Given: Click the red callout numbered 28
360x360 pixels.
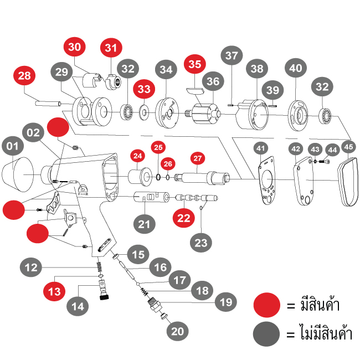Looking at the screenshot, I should click(24, 76).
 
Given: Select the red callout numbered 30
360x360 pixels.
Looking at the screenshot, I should click(75, 47).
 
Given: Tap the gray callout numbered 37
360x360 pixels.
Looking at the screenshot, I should click(232, 56).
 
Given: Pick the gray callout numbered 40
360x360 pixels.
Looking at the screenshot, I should click(296, 69).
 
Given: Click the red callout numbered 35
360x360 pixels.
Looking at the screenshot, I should click(194, 64).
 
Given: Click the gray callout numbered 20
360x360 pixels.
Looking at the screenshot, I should click(177, 332).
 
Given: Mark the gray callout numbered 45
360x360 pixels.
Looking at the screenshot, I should click(348, 147).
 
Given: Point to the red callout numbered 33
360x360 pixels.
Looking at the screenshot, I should click(144, 89).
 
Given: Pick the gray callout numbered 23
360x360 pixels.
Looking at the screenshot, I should click(202, 241).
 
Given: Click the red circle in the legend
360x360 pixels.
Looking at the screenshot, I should click(267, 305).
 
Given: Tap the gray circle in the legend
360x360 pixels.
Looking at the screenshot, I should click(267, 334).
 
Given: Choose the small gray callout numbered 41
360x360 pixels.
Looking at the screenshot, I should click(260, 148).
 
